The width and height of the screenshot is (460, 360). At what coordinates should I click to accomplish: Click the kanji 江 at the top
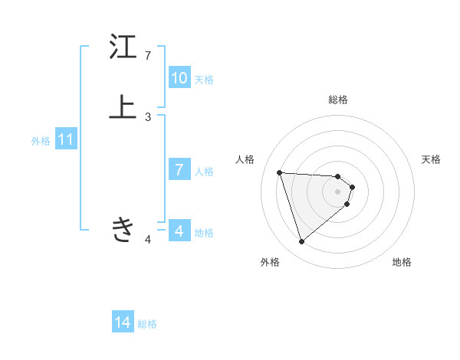(122, 47)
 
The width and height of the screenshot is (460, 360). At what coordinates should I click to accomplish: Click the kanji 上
(122, 108)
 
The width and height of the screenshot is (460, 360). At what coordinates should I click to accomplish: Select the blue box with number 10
(179, 78)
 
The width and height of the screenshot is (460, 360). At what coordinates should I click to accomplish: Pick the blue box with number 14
(123, 322)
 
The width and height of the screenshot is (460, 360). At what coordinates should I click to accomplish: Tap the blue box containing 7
(179, 170)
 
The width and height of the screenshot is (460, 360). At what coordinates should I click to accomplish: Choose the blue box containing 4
(179, 231)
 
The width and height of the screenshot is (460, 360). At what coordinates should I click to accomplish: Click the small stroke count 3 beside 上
(148, 117)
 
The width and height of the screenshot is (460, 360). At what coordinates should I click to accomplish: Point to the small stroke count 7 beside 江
(148, 56)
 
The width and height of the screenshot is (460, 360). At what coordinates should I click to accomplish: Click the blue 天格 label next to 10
(204, 80)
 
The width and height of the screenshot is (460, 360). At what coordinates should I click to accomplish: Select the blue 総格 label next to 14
(147, 324)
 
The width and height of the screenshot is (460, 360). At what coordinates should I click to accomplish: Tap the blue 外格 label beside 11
(41, 141)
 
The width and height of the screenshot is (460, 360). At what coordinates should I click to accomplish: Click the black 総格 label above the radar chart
(338, 100)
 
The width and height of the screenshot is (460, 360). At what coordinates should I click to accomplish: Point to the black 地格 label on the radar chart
(402, 262)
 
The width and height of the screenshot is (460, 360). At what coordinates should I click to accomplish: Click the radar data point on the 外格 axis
(302, 242)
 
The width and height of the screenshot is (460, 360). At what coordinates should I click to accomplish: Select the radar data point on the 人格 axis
(280, 172)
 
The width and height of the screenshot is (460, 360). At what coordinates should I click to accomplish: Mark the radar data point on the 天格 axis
(352, 187)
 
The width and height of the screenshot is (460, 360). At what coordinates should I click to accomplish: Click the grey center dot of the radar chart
(338, 191)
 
